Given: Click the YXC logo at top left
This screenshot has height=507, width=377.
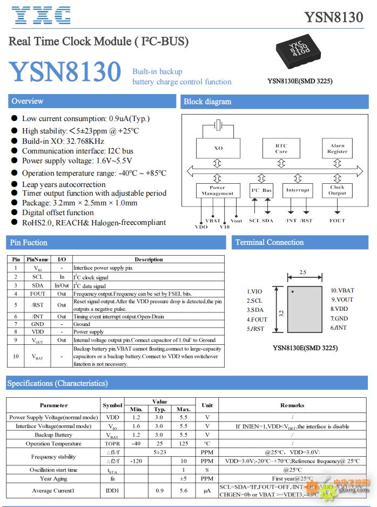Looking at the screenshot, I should pos(41,16).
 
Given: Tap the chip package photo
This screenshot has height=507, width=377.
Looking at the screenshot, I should pos(299,51).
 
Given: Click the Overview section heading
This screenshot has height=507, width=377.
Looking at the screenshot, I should pos(28,101).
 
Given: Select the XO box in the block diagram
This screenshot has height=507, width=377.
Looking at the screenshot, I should pos(218,148).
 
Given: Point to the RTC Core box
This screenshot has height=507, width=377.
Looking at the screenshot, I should pos(281,148).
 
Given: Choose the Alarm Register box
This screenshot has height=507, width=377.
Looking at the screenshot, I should pos(337,148).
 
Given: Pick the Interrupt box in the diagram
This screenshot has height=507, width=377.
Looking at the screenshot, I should pos(298,190).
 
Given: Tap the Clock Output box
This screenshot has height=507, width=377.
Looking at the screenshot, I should pos(337,190).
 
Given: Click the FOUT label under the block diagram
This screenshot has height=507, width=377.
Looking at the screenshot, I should pos(337,221).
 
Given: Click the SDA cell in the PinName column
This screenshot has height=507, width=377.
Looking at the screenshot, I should pos(37,285).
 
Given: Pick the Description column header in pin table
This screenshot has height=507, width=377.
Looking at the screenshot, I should pos(149,259).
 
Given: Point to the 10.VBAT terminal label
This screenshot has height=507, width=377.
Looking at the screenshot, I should pos(342,291).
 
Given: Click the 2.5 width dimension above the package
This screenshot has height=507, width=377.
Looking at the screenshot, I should pos(302,272).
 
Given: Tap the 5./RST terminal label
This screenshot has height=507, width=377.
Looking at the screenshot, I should pos(255,328).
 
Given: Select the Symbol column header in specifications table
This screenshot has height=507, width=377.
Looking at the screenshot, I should pos(112,405).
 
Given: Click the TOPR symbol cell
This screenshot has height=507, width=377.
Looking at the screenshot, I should pos(112,443).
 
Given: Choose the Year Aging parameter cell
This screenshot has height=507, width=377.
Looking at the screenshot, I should pos(53,478).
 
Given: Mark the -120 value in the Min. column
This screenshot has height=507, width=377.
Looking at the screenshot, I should pos(136,461).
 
